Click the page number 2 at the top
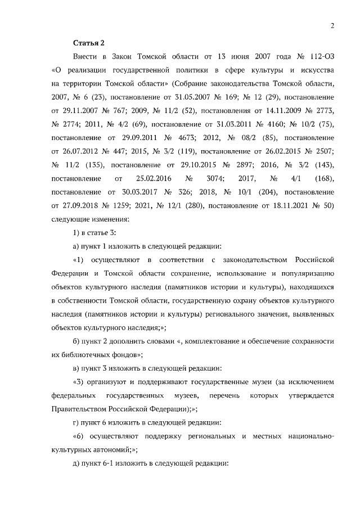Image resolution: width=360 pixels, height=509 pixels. coord(332,25)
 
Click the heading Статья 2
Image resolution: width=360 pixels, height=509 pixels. coord(89,42)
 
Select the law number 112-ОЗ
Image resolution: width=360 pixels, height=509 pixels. coord(318,57)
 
